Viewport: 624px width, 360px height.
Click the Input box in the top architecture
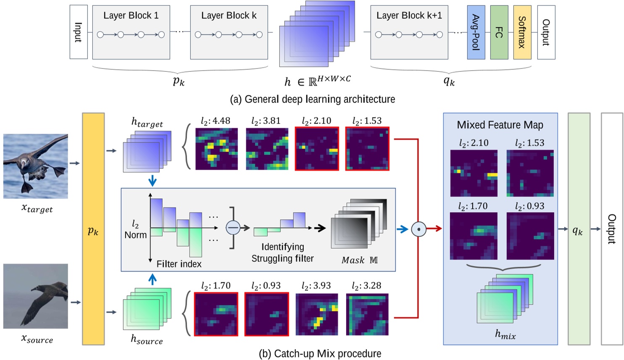click(79, 32)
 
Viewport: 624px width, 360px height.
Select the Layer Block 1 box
click(131, 32)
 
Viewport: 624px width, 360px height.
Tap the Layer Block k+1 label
click(409, 16)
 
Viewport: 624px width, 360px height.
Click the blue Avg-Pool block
click(476, 32)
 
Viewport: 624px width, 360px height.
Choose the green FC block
click(499, 32)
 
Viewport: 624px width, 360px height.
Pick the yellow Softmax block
click(522, 32)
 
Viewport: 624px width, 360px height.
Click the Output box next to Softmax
click(546, 32)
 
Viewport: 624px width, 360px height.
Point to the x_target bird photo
click(36, 166)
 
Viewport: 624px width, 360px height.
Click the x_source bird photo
click(36, 296)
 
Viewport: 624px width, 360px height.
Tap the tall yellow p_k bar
click(93, 229)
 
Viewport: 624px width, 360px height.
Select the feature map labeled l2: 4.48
click(216, 149)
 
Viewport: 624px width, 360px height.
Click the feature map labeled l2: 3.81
click(267, 149)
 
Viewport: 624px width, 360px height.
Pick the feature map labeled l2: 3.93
click(317, 314)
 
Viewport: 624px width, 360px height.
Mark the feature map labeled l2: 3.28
click(367, 314)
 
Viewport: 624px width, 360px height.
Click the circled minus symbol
click(233, 228)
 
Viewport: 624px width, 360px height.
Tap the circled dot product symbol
click(419, 229)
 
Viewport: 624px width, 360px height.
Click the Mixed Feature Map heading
click(500, 125)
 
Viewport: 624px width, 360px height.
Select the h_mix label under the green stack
click(505, 334)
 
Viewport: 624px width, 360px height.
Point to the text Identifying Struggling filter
click(282, 252)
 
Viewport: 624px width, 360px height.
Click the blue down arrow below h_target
click(153, 181)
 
